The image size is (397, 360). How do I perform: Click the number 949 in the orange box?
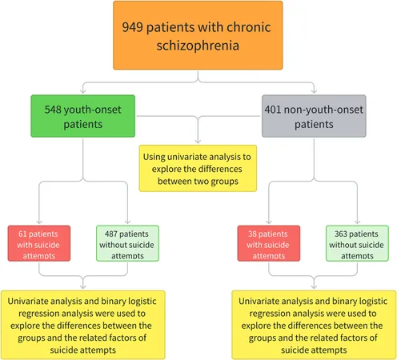(x=132, y=27)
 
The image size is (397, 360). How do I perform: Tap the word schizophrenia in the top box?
(x=198, y=46)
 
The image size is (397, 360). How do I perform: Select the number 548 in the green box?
(x=53, y=110)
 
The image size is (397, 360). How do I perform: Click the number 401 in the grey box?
(x=273, y=110)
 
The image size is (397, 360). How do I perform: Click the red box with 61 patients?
(x=39, y=243)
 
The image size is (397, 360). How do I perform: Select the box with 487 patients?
(x=127, y=243)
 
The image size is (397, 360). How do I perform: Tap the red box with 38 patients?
(x=269, y=243)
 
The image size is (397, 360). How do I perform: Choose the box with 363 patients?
(x=357, y=243)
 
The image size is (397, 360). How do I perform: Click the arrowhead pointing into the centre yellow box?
(x=198, y=141)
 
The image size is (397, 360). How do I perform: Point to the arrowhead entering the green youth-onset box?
(x=83, y=91)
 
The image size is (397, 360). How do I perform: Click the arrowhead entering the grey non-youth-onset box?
(x=314, y=91)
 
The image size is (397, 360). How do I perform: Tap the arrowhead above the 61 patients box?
(x=39, y=222)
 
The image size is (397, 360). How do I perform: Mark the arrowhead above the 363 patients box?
(x=357, y=222)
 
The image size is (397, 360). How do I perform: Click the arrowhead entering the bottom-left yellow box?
(x=83, y=286)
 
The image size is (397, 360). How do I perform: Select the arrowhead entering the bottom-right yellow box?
(x=314, y=286)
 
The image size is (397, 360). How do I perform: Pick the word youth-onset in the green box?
(x=92, y=110)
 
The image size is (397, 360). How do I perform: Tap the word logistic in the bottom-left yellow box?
(x=142, y=302)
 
